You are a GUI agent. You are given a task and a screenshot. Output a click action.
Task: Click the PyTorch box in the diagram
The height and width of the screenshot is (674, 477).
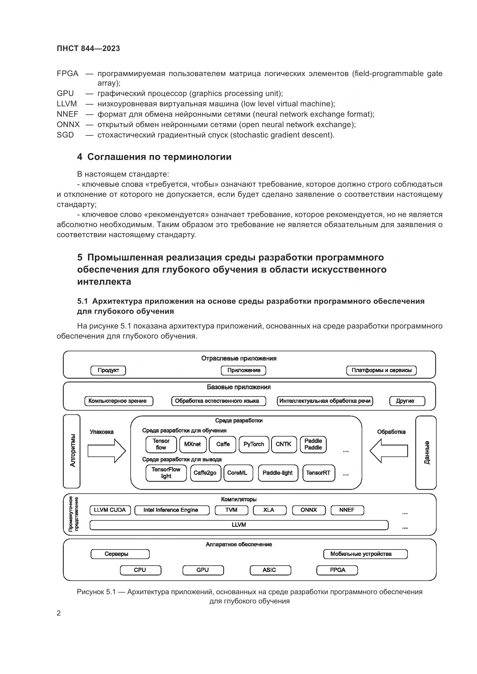pyautogui.click(x=254, y=444)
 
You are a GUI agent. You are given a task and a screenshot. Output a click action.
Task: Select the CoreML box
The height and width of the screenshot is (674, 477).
pyautogui.click(x=238, y=473)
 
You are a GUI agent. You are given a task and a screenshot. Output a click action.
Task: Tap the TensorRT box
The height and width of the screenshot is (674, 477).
pyautogui.click(x=318, y=473)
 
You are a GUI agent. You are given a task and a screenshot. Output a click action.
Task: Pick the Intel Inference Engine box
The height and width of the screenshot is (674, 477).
pyautogui.click(x=172, y=510)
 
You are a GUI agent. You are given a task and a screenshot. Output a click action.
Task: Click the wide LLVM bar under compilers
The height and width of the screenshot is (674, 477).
pyautogui.click(x=239, y=525)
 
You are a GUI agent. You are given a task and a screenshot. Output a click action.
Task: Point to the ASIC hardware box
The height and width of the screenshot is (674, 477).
pyautogui.click(x=270, y=570)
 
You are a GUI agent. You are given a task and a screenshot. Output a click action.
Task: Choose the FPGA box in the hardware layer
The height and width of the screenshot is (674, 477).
pyautogui.click(x=337, y=570)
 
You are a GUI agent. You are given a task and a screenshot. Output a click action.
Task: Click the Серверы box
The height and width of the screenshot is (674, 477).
pyautogui.click(x=120, y=554)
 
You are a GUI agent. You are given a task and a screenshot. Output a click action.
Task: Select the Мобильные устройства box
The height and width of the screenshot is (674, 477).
pyautogui.click(x=365, y=554)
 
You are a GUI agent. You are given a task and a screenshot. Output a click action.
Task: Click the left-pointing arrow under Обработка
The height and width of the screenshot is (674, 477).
pyautogui.click(x=388, y=451)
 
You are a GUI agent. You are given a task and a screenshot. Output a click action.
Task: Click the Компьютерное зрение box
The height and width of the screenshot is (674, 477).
pyautogui.click(x=119, y=401)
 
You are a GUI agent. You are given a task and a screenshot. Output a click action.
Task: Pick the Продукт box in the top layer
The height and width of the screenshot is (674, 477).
pyautogui.click(x=108, y=371)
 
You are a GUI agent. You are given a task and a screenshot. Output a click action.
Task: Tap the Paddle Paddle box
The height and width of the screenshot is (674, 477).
pyautogui.click(x=313, y=444)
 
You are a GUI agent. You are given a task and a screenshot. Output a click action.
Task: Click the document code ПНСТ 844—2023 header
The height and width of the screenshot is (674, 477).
pyautogui.click(x=89, y=48)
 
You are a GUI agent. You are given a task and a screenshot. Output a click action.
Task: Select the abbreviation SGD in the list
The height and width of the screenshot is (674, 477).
pyautogui.click(x=65, y=135)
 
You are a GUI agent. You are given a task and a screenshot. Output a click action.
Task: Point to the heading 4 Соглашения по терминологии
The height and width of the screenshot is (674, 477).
pyautogui.click(x=154, y=157)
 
